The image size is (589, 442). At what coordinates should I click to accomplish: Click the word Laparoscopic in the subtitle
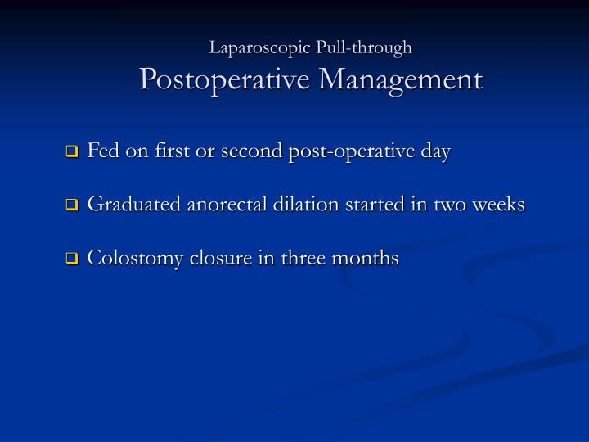(256, 48)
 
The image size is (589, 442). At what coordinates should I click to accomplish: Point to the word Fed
(102, 151)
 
